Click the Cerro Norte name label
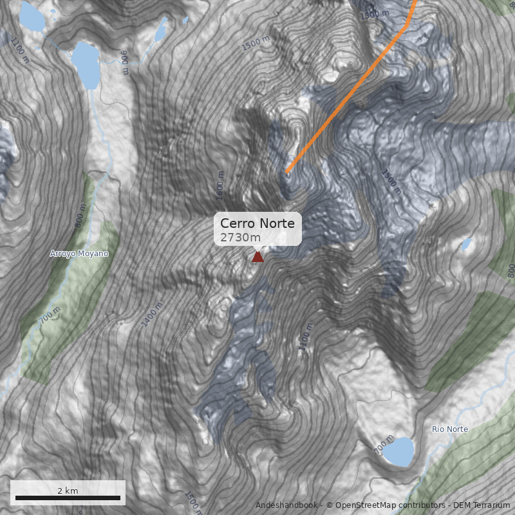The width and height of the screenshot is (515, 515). [x=257, y=223]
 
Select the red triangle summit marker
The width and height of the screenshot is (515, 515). [x=257, y=257]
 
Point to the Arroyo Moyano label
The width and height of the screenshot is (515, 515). [x=79, y=254]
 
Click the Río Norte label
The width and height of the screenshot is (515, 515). [x=449, y=429]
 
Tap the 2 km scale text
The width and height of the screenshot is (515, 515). [x=68, y=491]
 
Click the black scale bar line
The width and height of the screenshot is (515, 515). [x=68, y=498]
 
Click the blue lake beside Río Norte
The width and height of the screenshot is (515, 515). [x=399, y=452]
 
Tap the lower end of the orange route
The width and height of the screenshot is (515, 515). [x=287, y=172]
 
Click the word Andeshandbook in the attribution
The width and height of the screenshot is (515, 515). [x=286, y=505]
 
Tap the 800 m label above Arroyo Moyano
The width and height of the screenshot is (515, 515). [x=80, y=216]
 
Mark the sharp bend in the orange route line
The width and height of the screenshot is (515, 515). [x=406, y=27]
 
